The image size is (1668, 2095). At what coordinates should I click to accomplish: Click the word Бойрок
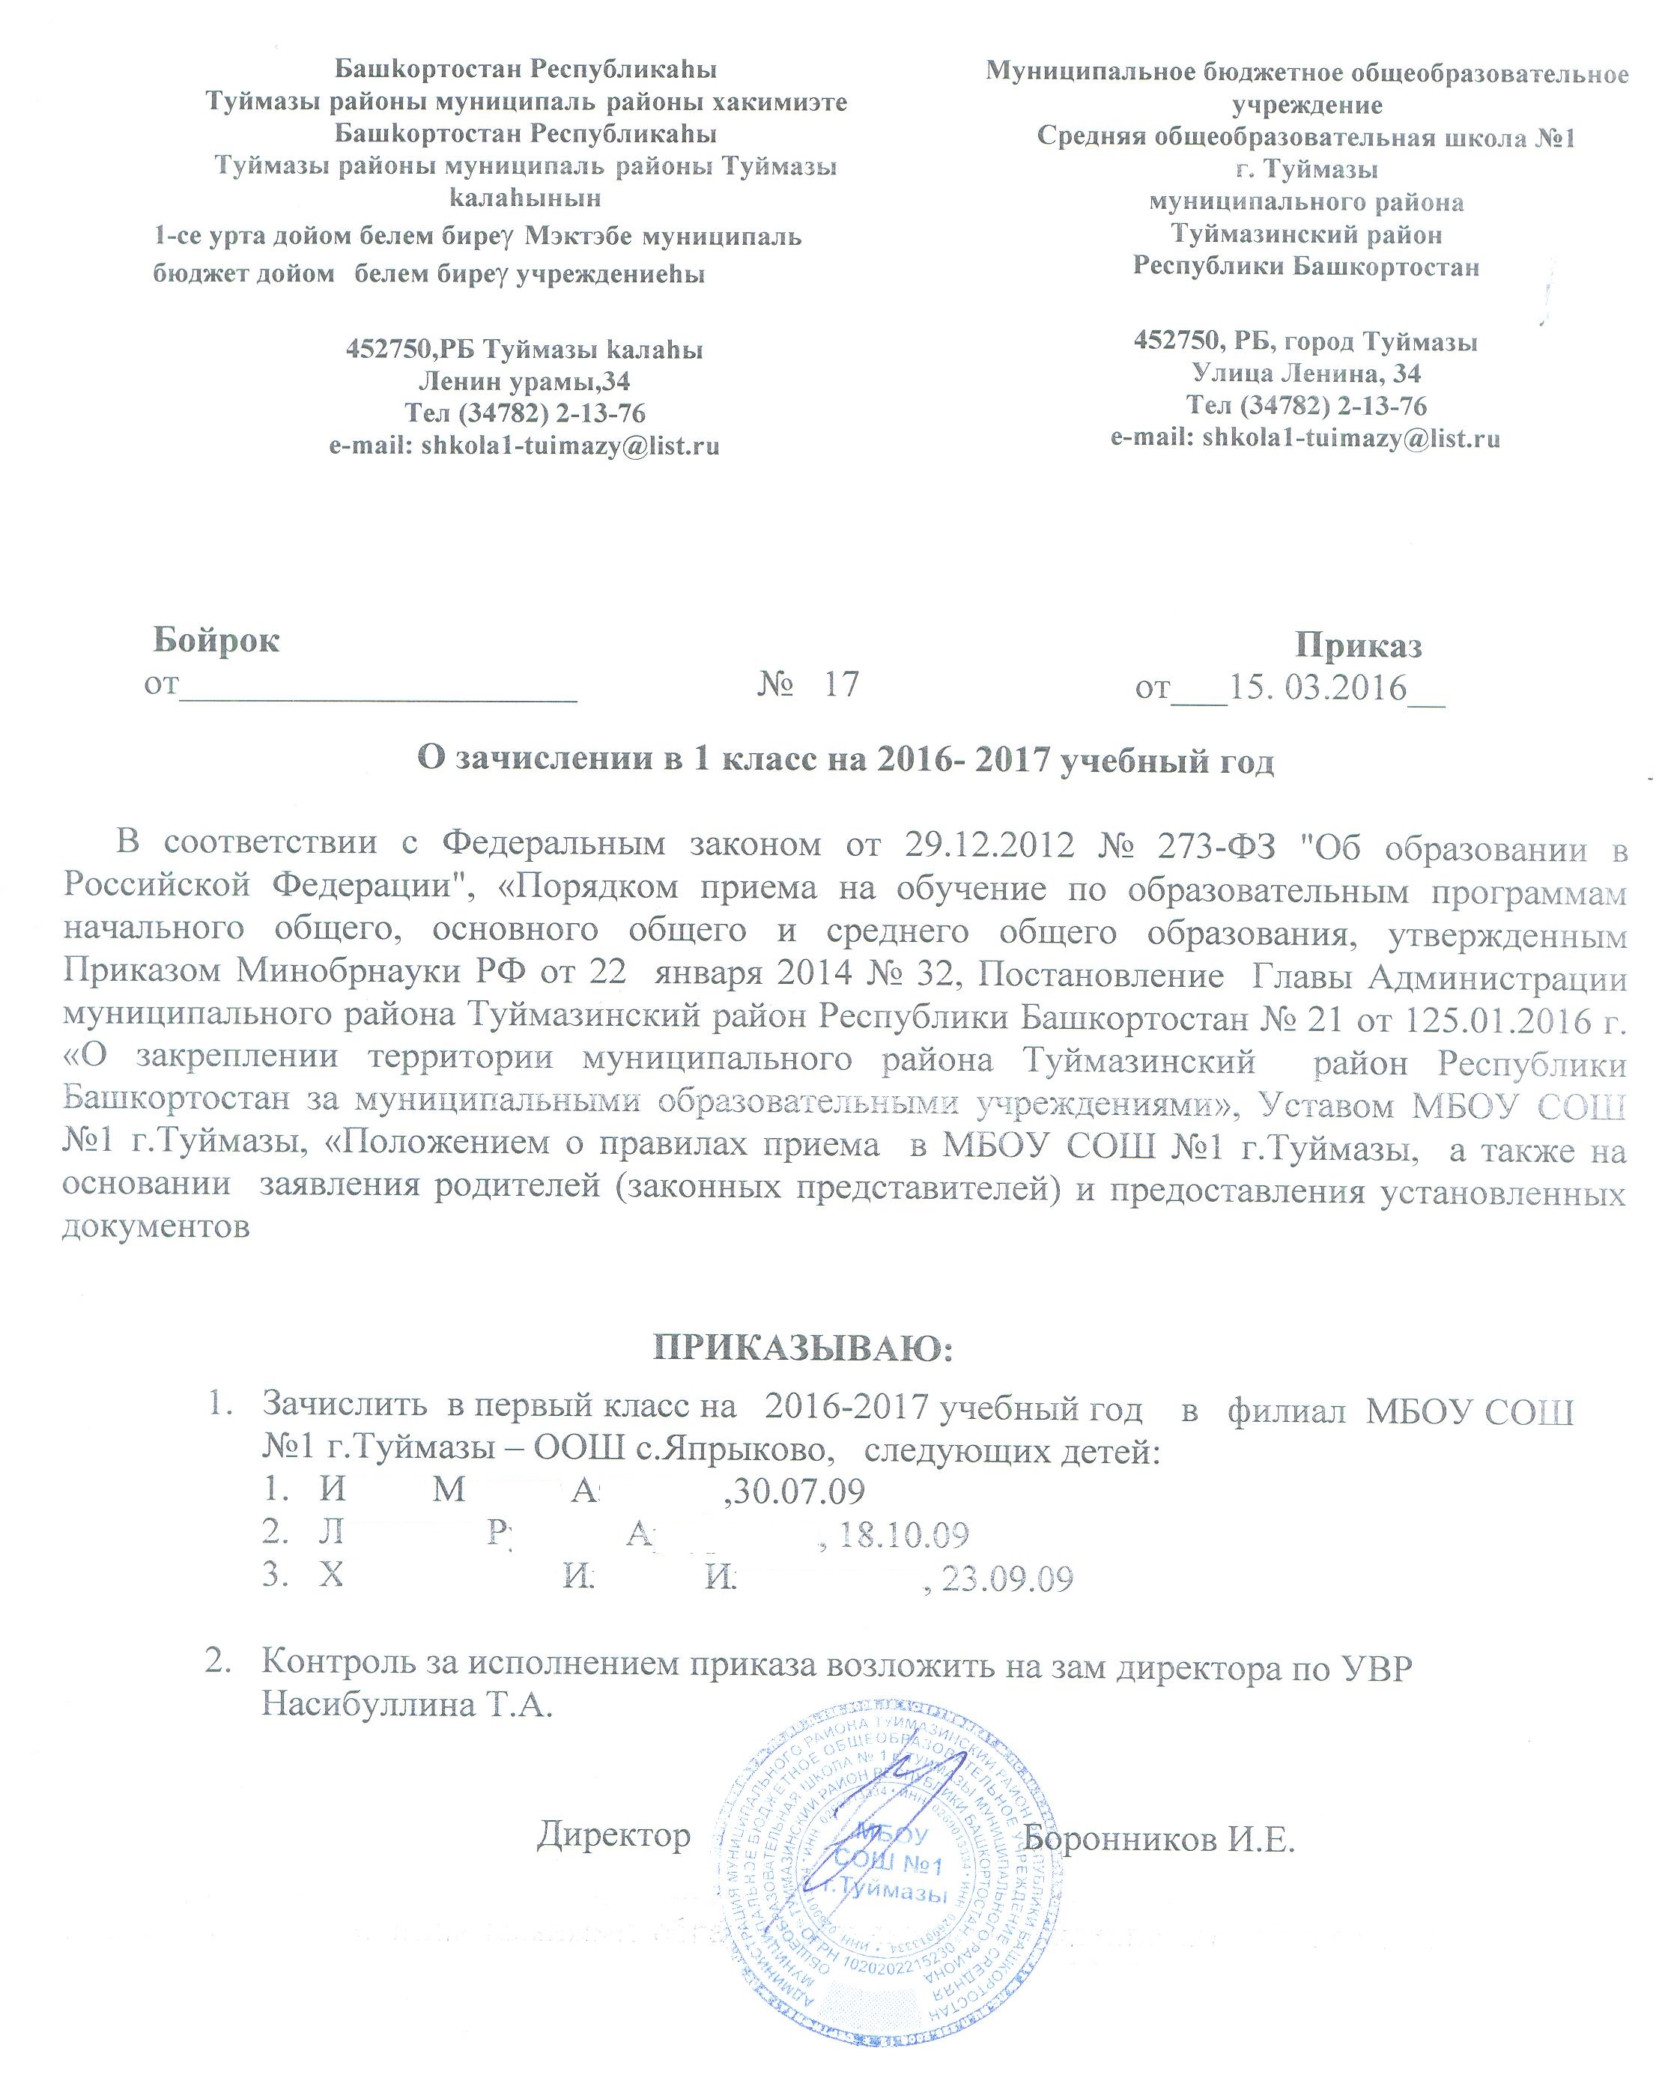click(216, 640)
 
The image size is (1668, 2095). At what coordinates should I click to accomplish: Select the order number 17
click(841, 684)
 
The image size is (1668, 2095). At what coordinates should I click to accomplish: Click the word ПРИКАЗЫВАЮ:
click(804, 1348)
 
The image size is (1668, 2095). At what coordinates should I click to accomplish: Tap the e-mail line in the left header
click(525, 446)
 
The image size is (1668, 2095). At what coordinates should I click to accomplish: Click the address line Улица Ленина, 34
click(1305, 373)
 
